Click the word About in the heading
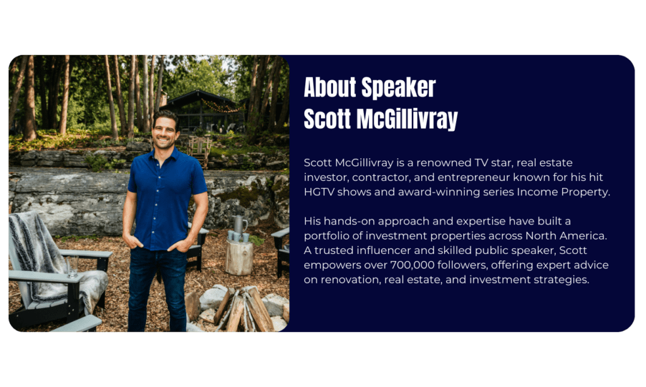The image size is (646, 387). (x=329, y=87)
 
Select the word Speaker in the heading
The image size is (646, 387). (x=399, y=88)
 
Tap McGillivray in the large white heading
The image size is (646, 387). (x=407, y=119)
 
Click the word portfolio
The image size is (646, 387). (x=326, y=236)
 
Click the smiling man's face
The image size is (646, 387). (x=165, y=131)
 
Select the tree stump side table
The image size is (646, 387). (x=239, y=258)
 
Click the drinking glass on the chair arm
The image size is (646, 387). (x=72, y=267)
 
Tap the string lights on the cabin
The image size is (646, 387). (x=221, y=107)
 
